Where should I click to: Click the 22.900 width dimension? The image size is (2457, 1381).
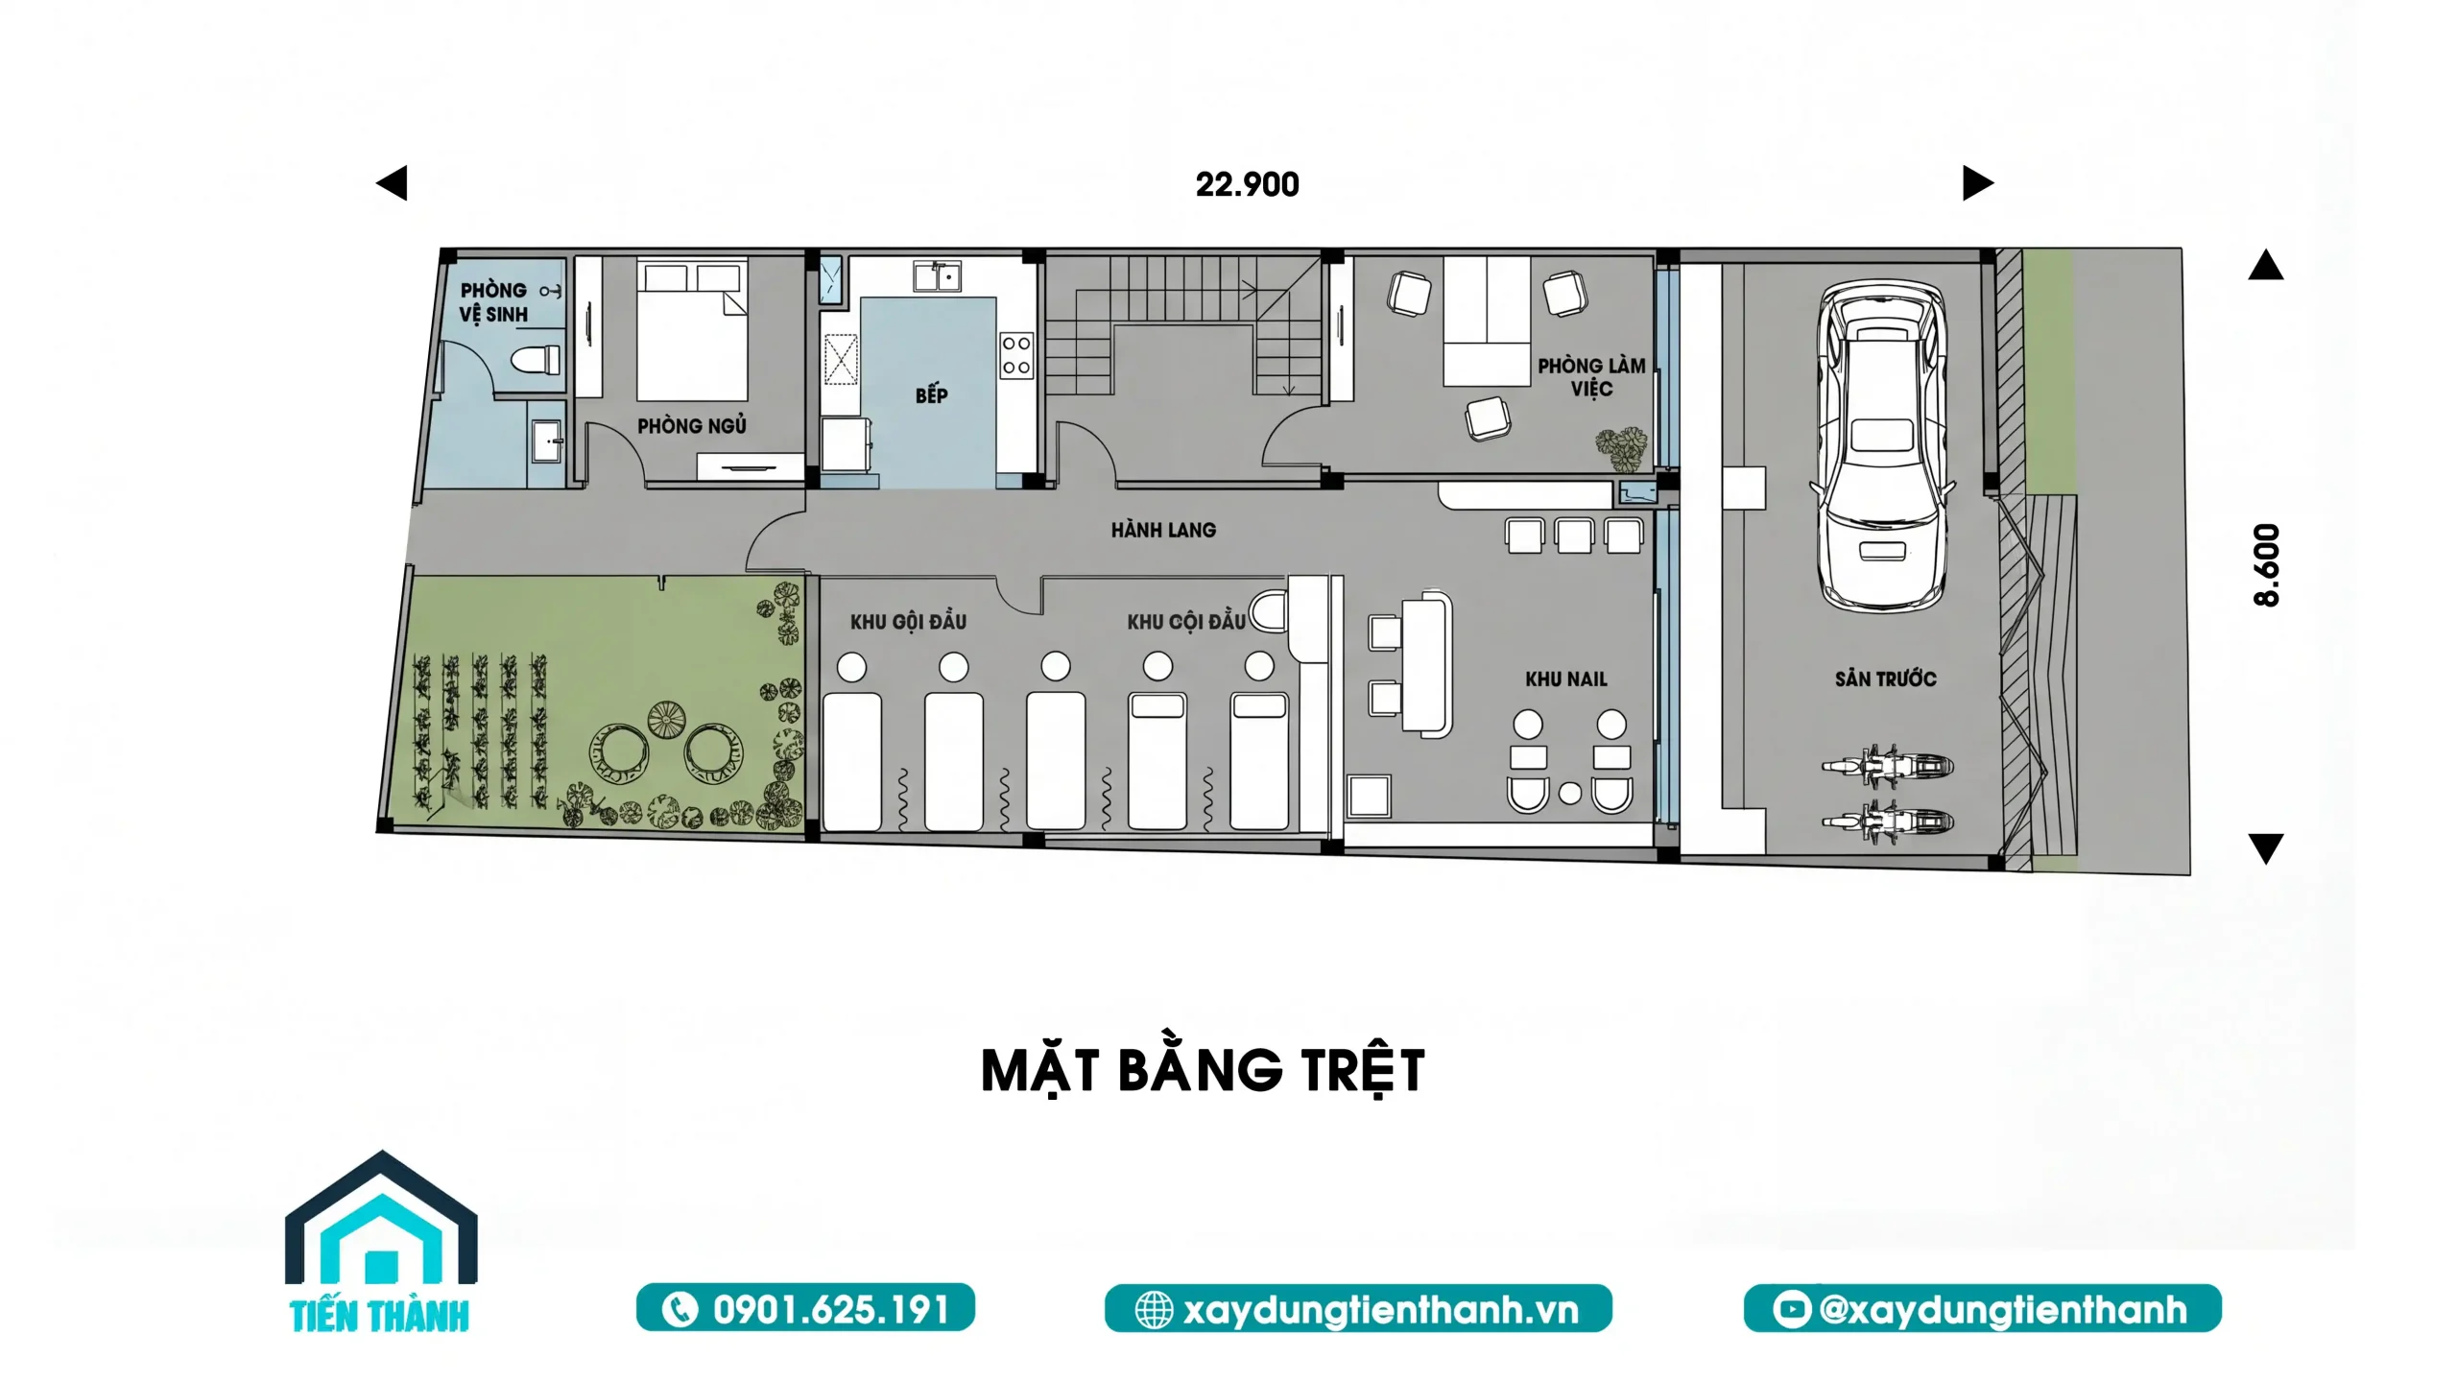tap(1247, 184)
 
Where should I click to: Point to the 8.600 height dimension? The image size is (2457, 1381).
tap(2266, 564)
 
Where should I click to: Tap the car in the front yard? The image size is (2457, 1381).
tap(1882, 445)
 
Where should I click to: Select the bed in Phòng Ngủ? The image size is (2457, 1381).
tap(692, 332)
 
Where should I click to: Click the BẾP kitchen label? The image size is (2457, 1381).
tap(931, 394)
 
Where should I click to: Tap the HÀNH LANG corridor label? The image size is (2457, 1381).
tap(1163, 530)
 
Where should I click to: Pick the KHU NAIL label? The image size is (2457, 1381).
tap(1566, 679)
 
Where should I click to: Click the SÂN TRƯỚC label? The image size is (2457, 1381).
tap(1885, 679)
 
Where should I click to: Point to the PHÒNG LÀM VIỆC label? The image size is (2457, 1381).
tap(1591, 377)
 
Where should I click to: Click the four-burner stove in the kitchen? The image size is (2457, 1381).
tap(1016, 355)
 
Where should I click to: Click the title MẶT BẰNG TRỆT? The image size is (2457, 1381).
tap(1203, 1071)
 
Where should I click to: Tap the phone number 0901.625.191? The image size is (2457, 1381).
tap(830, 1310)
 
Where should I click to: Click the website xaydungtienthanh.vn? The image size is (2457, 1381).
tap(1380, 1310)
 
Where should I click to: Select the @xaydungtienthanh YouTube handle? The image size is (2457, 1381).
tap(2002, 1310)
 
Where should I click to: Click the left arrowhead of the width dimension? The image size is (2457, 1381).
tap(392, 183)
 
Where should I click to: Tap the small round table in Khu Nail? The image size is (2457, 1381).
tap(1570, 794)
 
